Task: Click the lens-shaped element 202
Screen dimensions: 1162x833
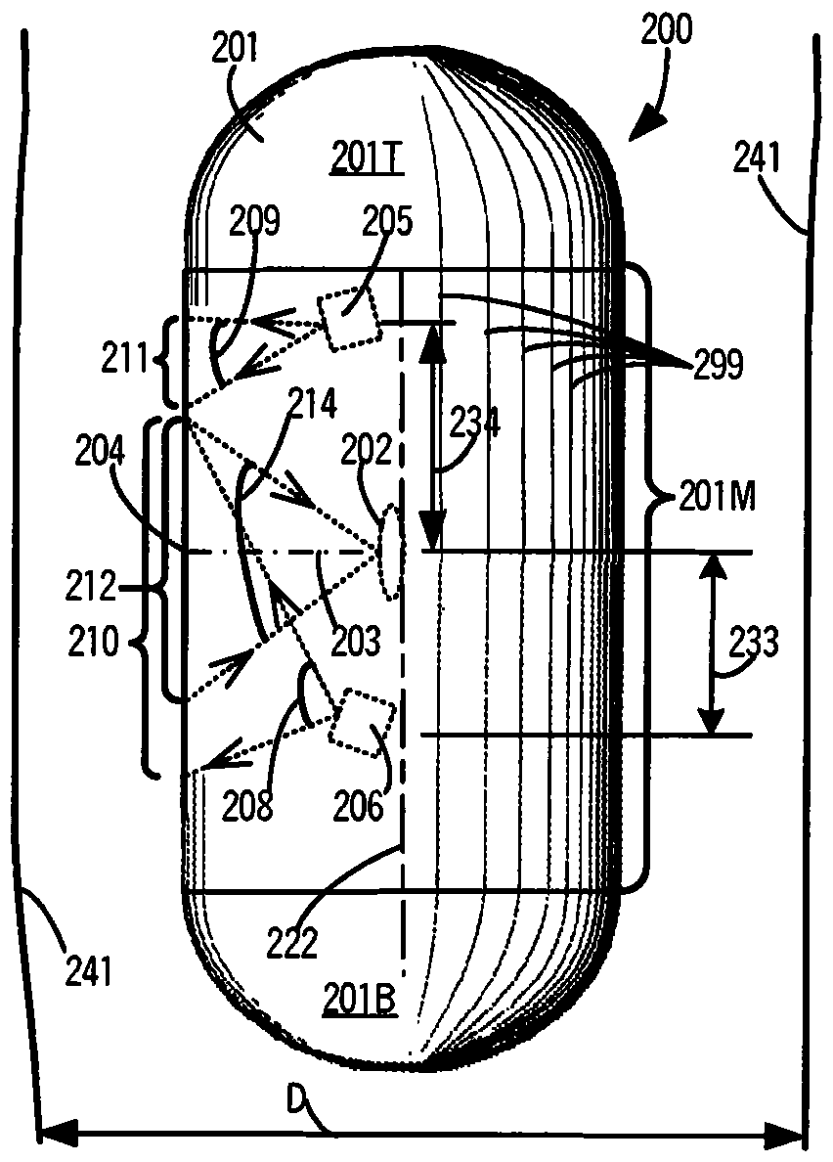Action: tap(389, 551)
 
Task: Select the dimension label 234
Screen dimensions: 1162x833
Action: tap(475, 422)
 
